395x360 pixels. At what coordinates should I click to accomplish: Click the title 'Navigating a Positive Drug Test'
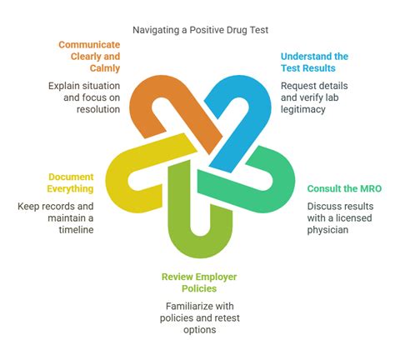197,30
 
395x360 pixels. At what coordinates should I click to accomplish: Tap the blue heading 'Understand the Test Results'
314,62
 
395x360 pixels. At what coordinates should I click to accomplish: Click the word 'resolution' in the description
98,110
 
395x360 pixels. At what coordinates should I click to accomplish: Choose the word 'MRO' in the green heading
368,189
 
